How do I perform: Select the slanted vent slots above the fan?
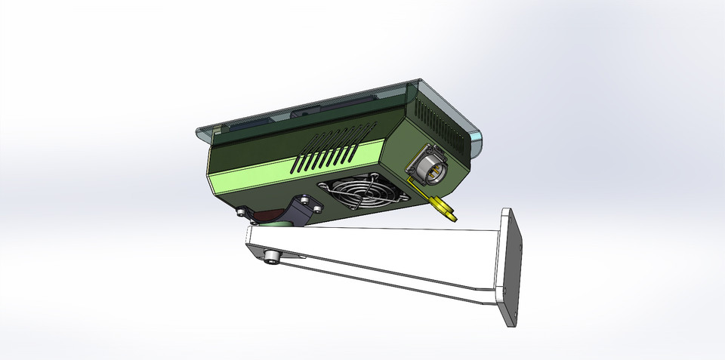(x=329, y=151)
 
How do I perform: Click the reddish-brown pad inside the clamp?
(x=264, y=216)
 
